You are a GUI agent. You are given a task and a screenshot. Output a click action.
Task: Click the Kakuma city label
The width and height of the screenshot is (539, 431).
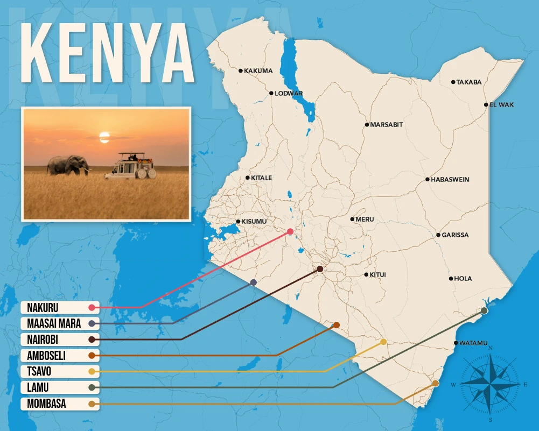click(x=258, y=70)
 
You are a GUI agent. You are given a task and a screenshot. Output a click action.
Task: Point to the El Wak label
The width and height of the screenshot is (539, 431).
click(x=502, y=105)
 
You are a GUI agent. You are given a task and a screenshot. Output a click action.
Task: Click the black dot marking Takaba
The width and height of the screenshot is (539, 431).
click(x=453, y=82)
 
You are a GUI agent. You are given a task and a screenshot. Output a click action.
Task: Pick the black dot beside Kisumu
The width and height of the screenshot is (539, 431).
click(x=238, y=222)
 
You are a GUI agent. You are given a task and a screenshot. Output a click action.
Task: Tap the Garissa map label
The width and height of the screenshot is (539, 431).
click(x=455, y=235)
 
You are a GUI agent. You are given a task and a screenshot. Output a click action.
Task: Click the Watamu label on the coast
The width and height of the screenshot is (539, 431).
click(x=474, y=343)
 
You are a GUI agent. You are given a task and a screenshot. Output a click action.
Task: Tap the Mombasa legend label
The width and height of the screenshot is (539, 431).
click(x=46, y=404)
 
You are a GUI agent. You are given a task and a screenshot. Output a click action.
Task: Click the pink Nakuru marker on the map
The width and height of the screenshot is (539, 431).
click(x=290, y=231)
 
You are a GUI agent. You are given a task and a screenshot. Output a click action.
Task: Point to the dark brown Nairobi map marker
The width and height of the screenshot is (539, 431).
click(x=320, y=269)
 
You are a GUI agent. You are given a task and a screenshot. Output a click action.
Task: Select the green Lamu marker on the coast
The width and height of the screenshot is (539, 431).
click(x=484, y=310)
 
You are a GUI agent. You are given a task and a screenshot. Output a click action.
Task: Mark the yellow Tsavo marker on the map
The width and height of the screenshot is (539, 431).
click(x=383, y=342)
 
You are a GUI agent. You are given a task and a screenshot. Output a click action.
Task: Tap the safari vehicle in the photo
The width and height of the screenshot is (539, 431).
click(x=131, y=167)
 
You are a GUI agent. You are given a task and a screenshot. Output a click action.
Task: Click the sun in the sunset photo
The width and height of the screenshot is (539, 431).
click(x=104, y=137)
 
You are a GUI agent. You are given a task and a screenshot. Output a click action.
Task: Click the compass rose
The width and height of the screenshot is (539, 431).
click(x=491, y=384)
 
